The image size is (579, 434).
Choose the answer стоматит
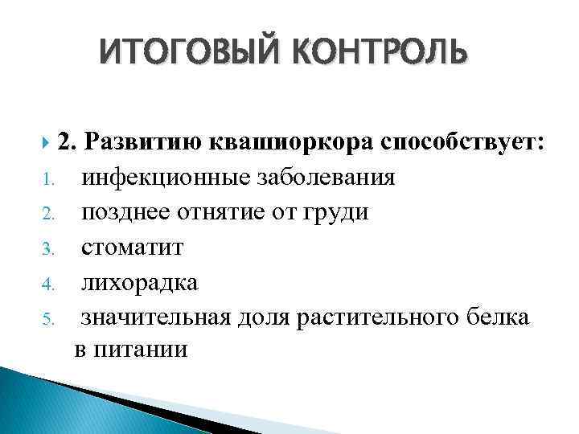click(x=132, y=248)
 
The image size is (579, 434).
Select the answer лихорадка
click(x=139, y=283)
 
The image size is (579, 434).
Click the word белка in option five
click(x=498, y=318)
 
